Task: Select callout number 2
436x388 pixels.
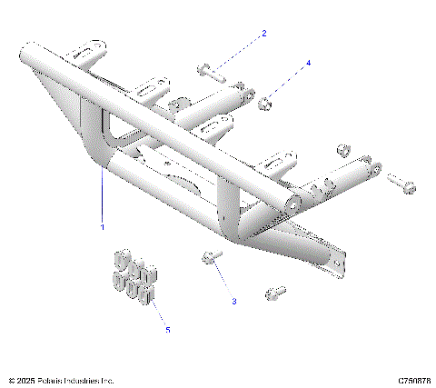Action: point(264,35)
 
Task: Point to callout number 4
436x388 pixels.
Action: point(308,64)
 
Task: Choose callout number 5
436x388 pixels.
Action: point(167,330)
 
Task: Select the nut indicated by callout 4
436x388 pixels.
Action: point(265,102)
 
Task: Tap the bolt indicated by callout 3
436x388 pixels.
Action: point(210,259)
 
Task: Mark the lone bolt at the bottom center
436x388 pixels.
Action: point(275,293)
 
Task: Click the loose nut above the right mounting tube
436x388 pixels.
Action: point(344,148)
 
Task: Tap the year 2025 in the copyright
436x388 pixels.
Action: point(27,380)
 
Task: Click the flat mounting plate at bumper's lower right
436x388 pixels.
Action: point(334,258)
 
